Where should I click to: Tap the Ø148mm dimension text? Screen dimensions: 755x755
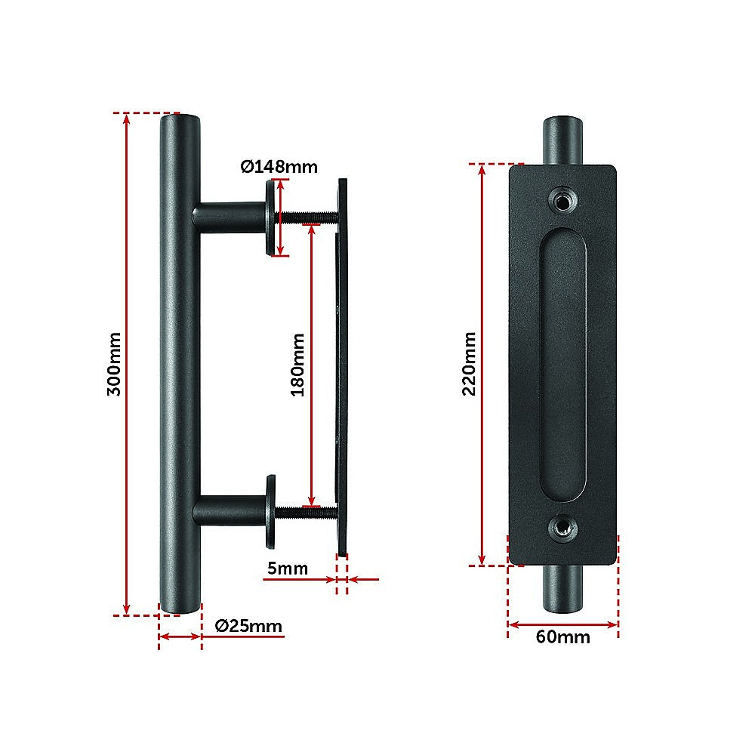pos(279,166)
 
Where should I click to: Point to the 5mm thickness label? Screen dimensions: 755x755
pos(286,568)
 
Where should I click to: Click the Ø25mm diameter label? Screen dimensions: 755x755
pos(248,625)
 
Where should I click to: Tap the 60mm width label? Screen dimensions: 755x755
pos(562,636)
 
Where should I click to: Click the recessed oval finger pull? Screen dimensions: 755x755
pos(562,365)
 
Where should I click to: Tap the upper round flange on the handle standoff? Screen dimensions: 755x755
pos(270,218)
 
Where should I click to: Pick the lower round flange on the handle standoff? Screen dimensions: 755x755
pos(270,512)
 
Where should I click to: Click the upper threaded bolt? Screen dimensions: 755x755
pos(310,217)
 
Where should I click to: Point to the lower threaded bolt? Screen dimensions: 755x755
pos(310,512)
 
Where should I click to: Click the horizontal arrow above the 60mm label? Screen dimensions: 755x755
pos(562,624)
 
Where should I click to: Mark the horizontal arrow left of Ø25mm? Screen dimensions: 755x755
pos(180,637)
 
